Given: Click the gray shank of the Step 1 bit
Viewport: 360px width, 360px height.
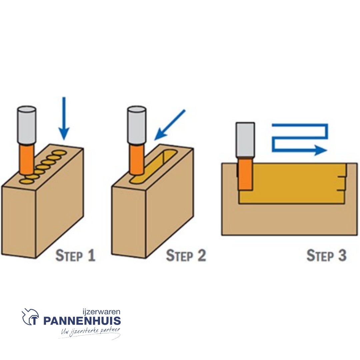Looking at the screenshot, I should [x=27, y=125].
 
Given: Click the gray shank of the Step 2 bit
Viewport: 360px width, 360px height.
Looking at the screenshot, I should [x=136, y=125].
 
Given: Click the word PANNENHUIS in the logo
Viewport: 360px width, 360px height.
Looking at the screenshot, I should [x=82, y=321].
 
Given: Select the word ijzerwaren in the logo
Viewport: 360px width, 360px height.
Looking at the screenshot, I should [x=101, y=312].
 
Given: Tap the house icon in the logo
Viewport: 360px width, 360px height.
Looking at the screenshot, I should [x=30, y=317].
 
